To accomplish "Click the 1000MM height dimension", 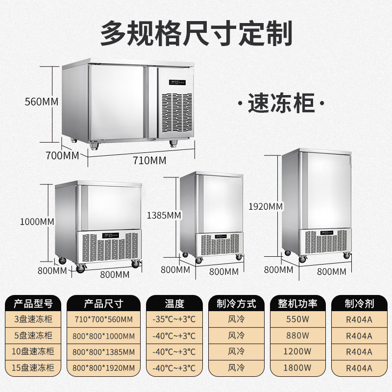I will click(x=37, y=221).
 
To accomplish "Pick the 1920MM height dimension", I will click(x=266, y=206).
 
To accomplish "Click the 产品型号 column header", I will click(x=32, y=304).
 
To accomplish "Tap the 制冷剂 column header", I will click(x=359, y=304).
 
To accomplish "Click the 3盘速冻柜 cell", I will click(x=32, y=320).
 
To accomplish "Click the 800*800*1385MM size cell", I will click(x=103, y=352).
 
